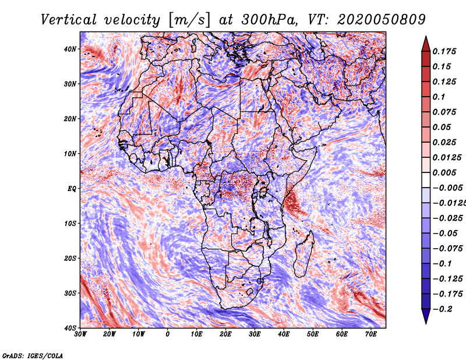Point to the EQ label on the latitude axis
pyautogui.click(x=72, y=188)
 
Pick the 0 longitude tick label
pyautogui.click(x=168, y=334)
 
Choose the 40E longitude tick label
pyautogui.click(x=284, y=334)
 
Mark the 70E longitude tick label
pyautogui.click(x=370, y=334)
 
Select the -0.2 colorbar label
pyautogui.click(x=442, y=309)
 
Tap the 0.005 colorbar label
pyautogui.click(x=444, y=173)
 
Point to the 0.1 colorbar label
pyautogui.click(x=439, y=97)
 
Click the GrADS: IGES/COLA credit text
pyautogui.click(x=32, y=355)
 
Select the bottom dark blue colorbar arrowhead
pyautogui.click(x=425, y=316)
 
